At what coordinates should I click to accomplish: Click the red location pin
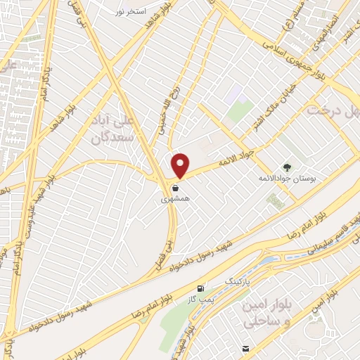pos(181,165)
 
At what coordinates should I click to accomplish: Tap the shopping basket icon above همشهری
pos(175,188)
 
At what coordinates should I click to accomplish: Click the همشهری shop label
pos(176,200)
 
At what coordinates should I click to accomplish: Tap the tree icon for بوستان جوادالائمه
pos(287,167)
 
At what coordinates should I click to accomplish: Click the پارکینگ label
pos(237,281)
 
